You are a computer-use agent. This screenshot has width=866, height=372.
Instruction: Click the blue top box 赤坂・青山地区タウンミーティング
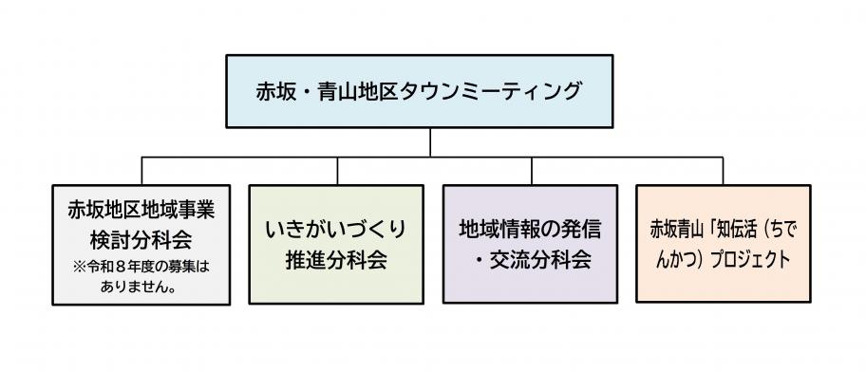click(432, 92)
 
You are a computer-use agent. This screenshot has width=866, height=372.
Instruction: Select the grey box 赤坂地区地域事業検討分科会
click(141, 244)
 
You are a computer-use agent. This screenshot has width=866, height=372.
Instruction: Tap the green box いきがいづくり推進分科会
click(337, 244)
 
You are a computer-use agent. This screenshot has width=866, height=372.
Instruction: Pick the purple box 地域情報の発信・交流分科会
click(531, 244)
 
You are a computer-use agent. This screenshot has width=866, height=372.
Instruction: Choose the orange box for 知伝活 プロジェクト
click(725, 244)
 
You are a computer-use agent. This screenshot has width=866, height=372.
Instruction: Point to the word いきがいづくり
click(338, 230)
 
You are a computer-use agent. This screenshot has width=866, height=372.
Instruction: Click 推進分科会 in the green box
click(336, 260)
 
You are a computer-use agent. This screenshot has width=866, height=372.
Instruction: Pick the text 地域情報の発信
click(531, 230)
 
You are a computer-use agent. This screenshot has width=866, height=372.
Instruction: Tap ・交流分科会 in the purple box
click(531, 259)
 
